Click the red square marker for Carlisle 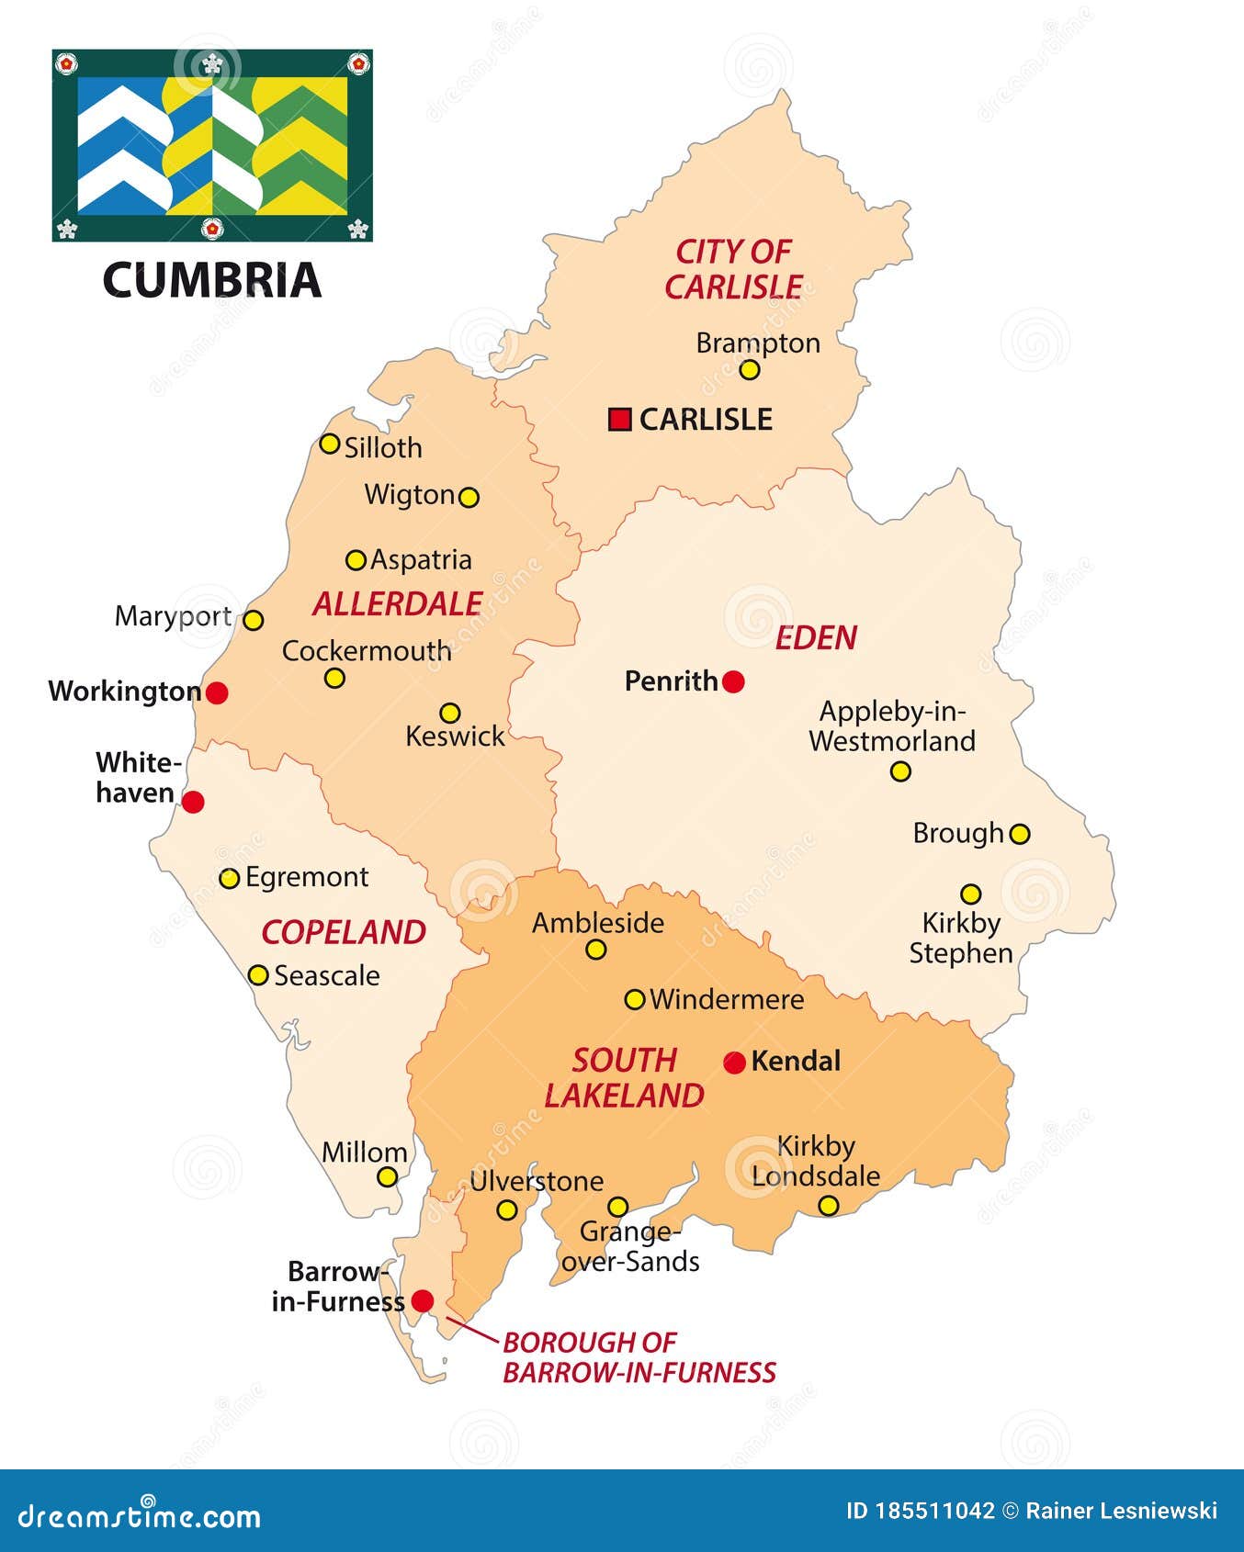[x=620, y=420]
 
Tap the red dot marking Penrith [x=733, y=681]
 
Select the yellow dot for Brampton [x=750, y=370]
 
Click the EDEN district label [x=815, y=637]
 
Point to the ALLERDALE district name [x=397, y=603]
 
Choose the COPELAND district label [x=344, y=932]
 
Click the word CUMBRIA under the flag [x=211, y=280]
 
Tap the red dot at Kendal [x=734, y=1063]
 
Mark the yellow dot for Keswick [x=449, y=713]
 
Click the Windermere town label [x=726, y=999]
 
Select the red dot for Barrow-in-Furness [x=422, y=1300]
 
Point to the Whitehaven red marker [x=193, y=802]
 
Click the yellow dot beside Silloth [x=329, y=444]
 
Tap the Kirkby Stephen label [x=960, y=938]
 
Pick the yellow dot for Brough [x=1020, y=834]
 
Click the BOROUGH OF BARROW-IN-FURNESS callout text [x=639, y=1357]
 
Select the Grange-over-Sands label [x=630, y=1246]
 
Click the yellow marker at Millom [x=388, y=1176]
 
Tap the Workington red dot [x=217, y=692]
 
